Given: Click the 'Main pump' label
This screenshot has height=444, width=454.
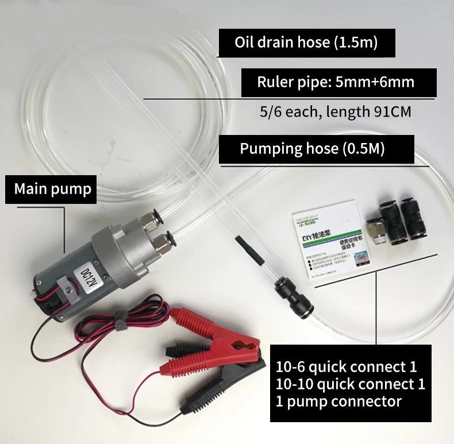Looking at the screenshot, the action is pos(52,189).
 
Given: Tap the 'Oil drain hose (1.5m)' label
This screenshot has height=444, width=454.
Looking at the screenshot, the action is pos(306,43).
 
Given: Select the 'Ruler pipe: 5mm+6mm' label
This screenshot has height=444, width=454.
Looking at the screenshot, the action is pos(336,82).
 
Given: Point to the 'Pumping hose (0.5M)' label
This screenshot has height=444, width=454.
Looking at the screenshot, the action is pos(312,149).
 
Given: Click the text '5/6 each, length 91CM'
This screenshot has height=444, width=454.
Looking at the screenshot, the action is pos(335,111).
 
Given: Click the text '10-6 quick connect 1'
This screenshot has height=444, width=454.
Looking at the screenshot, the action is pos(346,366).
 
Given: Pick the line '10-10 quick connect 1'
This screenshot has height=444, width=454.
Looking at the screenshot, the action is pos(350,384).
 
